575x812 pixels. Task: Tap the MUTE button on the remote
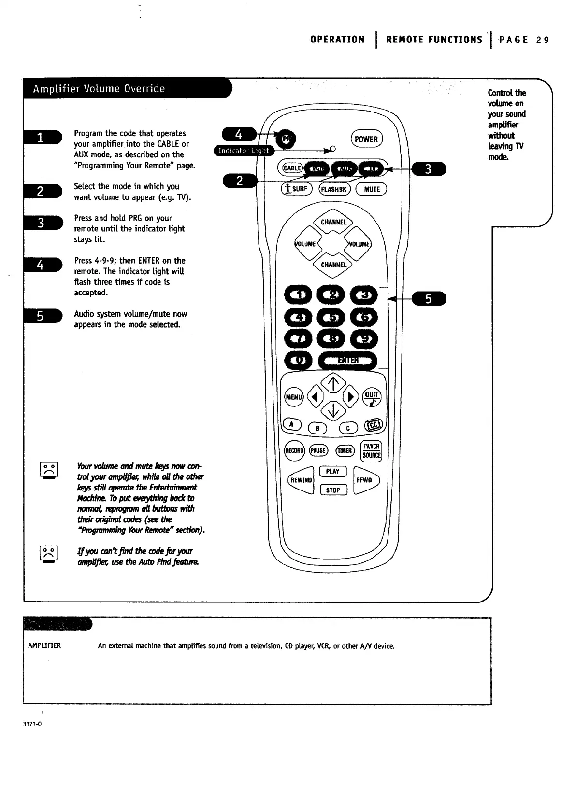[x=371, y=189]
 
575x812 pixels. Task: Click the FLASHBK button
[x=334, y=189]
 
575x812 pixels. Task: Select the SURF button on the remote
[x=296, y=189]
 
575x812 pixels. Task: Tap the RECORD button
[x=294, y=451]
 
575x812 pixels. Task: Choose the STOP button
[x=333, y=490]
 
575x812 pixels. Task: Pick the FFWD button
[x=365, y=480]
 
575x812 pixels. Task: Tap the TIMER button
[x=345, y=451]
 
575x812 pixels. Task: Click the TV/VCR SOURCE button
[x=372, y=450]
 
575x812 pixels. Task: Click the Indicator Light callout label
[x=244, y=151]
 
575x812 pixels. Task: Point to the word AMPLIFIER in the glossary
[x=44, y=646]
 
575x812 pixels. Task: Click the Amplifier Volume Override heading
[x=99, y=89]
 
